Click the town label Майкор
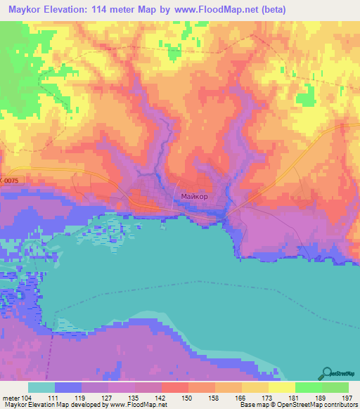(x=194, y=196)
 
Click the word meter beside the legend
(x=11, y=398)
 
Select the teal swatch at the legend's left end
(x=41, y=387)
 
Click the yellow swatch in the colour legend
(x=281, y=387)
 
